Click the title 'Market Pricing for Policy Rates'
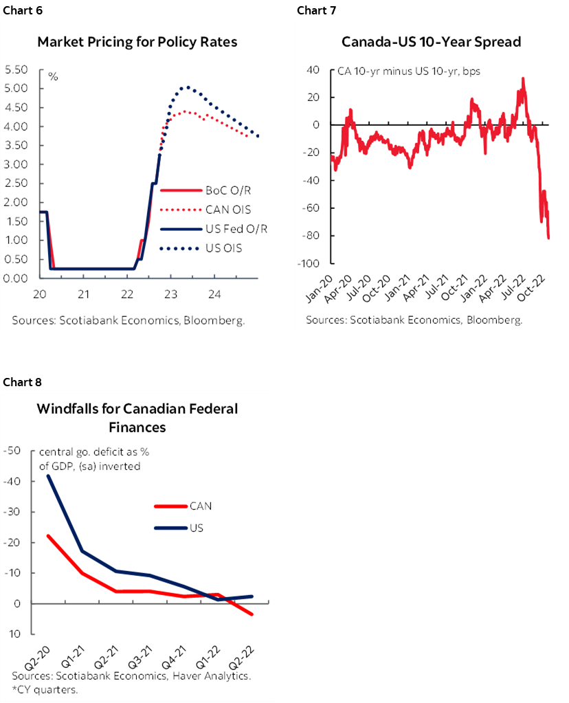pos(137,42)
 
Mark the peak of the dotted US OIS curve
pos(185,87)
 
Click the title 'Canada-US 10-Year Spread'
pos(431,42)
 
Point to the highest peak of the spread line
pos(523,78)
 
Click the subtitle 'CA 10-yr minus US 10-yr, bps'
pos(408,71)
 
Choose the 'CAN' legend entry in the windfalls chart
pos(200,506)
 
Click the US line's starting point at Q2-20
pos(48,476)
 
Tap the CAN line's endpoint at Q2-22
pos(252,614)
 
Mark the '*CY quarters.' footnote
pos(44,689)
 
